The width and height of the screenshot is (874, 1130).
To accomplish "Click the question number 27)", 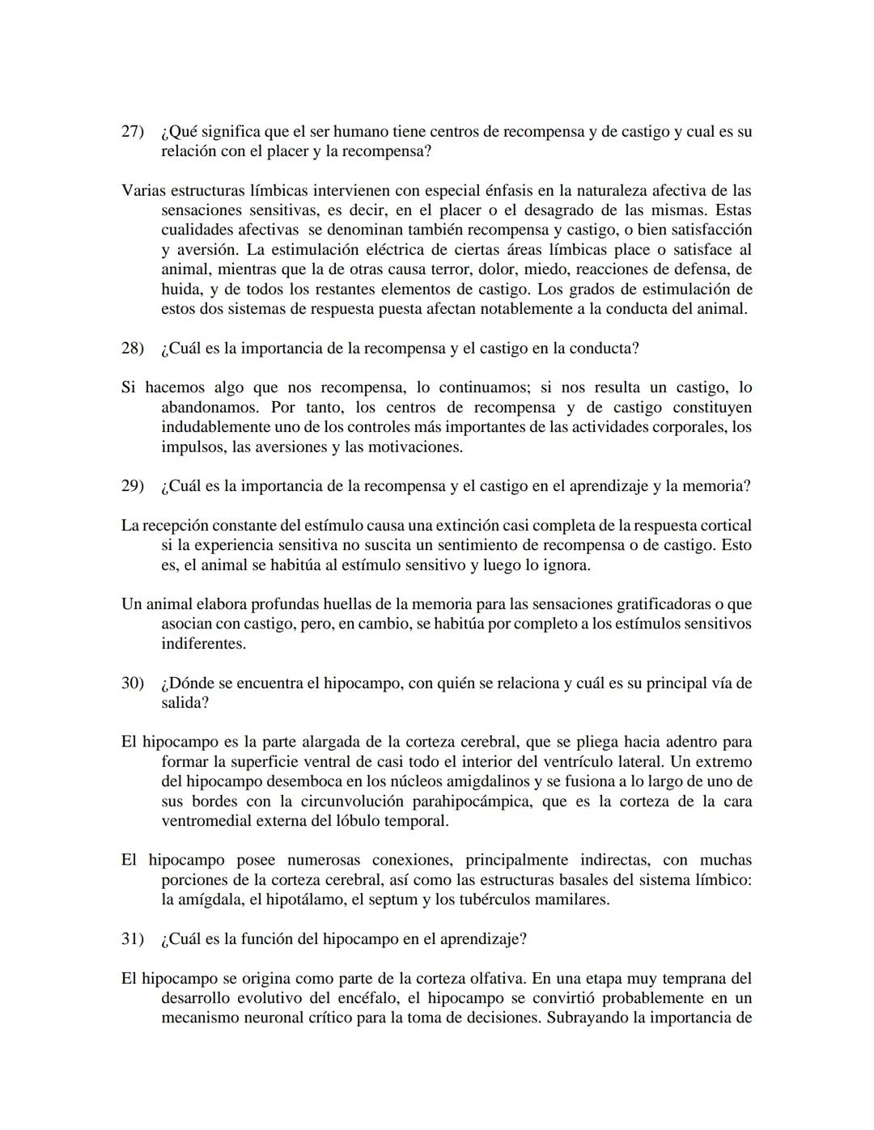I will [132, 131].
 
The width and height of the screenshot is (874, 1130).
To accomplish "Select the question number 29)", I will [132, 486].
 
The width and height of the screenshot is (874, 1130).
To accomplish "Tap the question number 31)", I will [132, 939].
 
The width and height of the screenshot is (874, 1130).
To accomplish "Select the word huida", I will [180, 290].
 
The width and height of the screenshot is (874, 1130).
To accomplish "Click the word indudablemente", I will [216, 427].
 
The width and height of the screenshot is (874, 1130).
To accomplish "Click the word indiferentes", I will [203, 644].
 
